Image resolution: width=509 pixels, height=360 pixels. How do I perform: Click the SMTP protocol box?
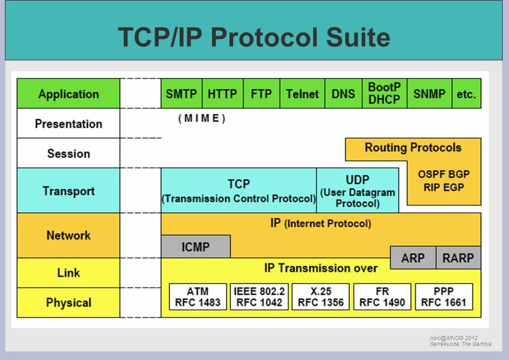pos(181,94)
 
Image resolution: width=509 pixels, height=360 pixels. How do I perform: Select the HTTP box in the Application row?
pos(222,94)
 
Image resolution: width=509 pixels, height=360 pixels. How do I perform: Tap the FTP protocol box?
pos(261,94)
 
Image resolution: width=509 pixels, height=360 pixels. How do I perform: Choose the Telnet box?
pos(302,94)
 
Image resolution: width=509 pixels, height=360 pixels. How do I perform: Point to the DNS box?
pos(343,94)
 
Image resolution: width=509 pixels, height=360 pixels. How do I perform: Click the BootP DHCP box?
pos(384,93)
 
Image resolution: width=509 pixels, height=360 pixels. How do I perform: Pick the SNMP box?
pos(429,94)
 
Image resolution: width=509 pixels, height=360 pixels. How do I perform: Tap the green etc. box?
pos(466,94)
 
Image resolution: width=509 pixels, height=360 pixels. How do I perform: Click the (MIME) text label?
pos(202,119)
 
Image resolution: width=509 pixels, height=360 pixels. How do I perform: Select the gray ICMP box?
pos(196,247)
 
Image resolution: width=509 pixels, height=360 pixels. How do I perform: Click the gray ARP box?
pos(413,258)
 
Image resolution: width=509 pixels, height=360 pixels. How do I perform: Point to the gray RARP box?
pos(458,258)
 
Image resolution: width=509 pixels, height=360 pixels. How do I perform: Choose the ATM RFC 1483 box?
pos(198,297)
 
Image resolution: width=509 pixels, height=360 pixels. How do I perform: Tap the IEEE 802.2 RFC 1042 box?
pos(259,297)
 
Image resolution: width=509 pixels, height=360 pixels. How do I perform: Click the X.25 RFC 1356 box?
pos(321,297)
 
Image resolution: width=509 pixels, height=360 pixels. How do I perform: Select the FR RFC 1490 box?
pos(382,297)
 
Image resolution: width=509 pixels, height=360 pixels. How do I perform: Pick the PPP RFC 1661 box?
pos(444,297)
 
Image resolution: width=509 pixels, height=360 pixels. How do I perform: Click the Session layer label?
pos(69,153)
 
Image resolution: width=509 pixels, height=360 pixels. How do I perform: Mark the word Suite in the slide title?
pos(358,37)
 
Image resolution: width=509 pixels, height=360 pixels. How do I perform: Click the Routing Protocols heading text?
pos(413,148)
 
